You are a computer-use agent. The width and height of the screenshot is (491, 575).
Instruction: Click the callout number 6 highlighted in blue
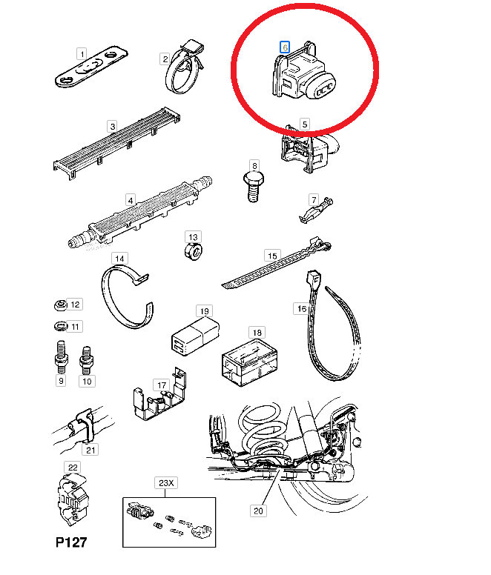(x=285, y=47)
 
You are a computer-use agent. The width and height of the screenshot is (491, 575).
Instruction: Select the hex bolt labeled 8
(x=254, y=187)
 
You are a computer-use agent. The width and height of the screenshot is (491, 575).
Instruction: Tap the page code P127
(x=71, y=542)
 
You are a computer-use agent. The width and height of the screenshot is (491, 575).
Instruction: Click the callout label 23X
(x=166, y=483)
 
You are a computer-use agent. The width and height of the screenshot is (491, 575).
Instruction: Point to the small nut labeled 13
(x=194, y=252)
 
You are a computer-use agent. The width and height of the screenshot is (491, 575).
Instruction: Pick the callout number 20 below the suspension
(x=258, y=511)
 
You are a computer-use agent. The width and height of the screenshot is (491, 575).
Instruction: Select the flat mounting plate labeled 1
(x=91, y=67)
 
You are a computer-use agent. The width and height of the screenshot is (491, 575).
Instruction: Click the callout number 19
(x=205, y=311)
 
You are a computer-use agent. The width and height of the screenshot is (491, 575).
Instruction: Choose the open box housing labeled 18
(x=249, y=362)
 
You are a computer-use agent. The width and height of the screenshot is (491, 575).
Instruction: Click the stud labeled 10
(x=86, y=360)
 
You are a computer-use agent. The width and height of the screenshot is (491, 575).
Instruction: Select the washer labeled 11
(x=61, y=325)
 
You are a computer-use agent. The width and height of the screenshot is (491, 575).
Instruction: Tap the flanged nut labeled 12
(x=61, y=305)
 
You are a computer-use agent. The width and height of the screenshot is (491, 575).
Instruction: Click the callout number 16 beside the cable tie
(x=302, y=309)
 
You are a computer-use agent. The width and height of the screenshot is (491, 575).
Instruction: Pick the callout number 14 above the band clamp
(x=119, y=259)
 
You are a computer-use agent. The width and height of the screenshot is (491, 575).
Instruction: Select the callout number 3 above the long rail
(x=113, y=127)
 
